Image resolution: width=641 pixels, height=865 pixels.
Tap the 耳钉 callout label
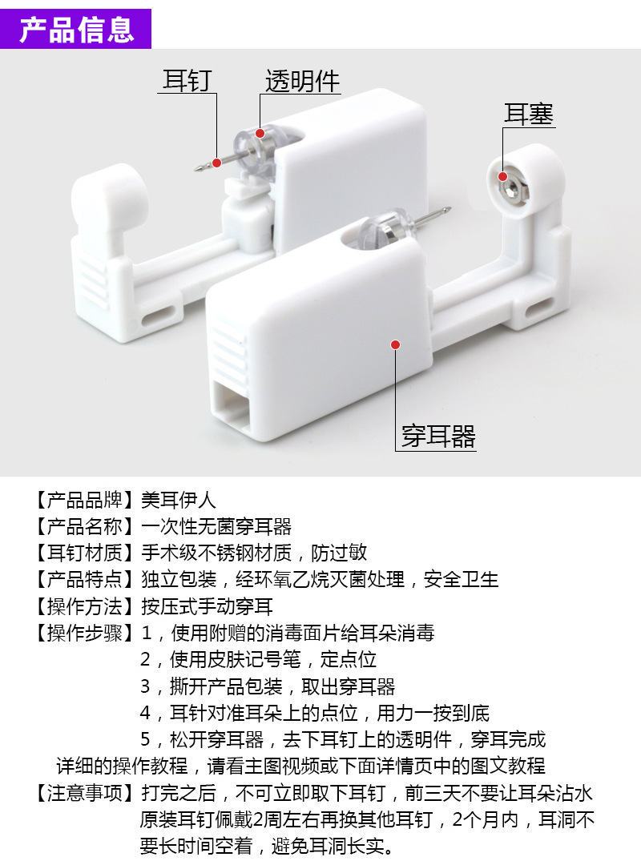coord(187,81)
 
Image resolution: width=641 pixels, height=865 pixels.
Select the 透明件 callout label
coord(302,81)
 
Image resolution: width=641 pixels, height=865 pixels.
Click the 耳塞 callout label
coord(528,114)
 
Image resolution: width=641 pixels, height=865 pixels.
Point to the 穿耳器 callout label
coord(438,437)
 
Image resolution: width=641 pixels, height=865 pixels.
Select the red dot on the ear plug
coord(503,176)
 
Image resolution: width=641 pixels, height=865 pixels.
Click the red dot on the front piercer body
coord(395,344)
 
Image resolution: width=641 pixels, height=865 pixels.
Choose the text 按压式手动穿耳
coord(207,606)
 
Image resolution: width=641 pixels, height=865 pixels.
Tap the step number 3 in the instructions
coord(146,687)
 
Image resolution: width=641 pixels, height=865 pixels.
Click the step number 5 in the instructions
coord(146,740)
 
